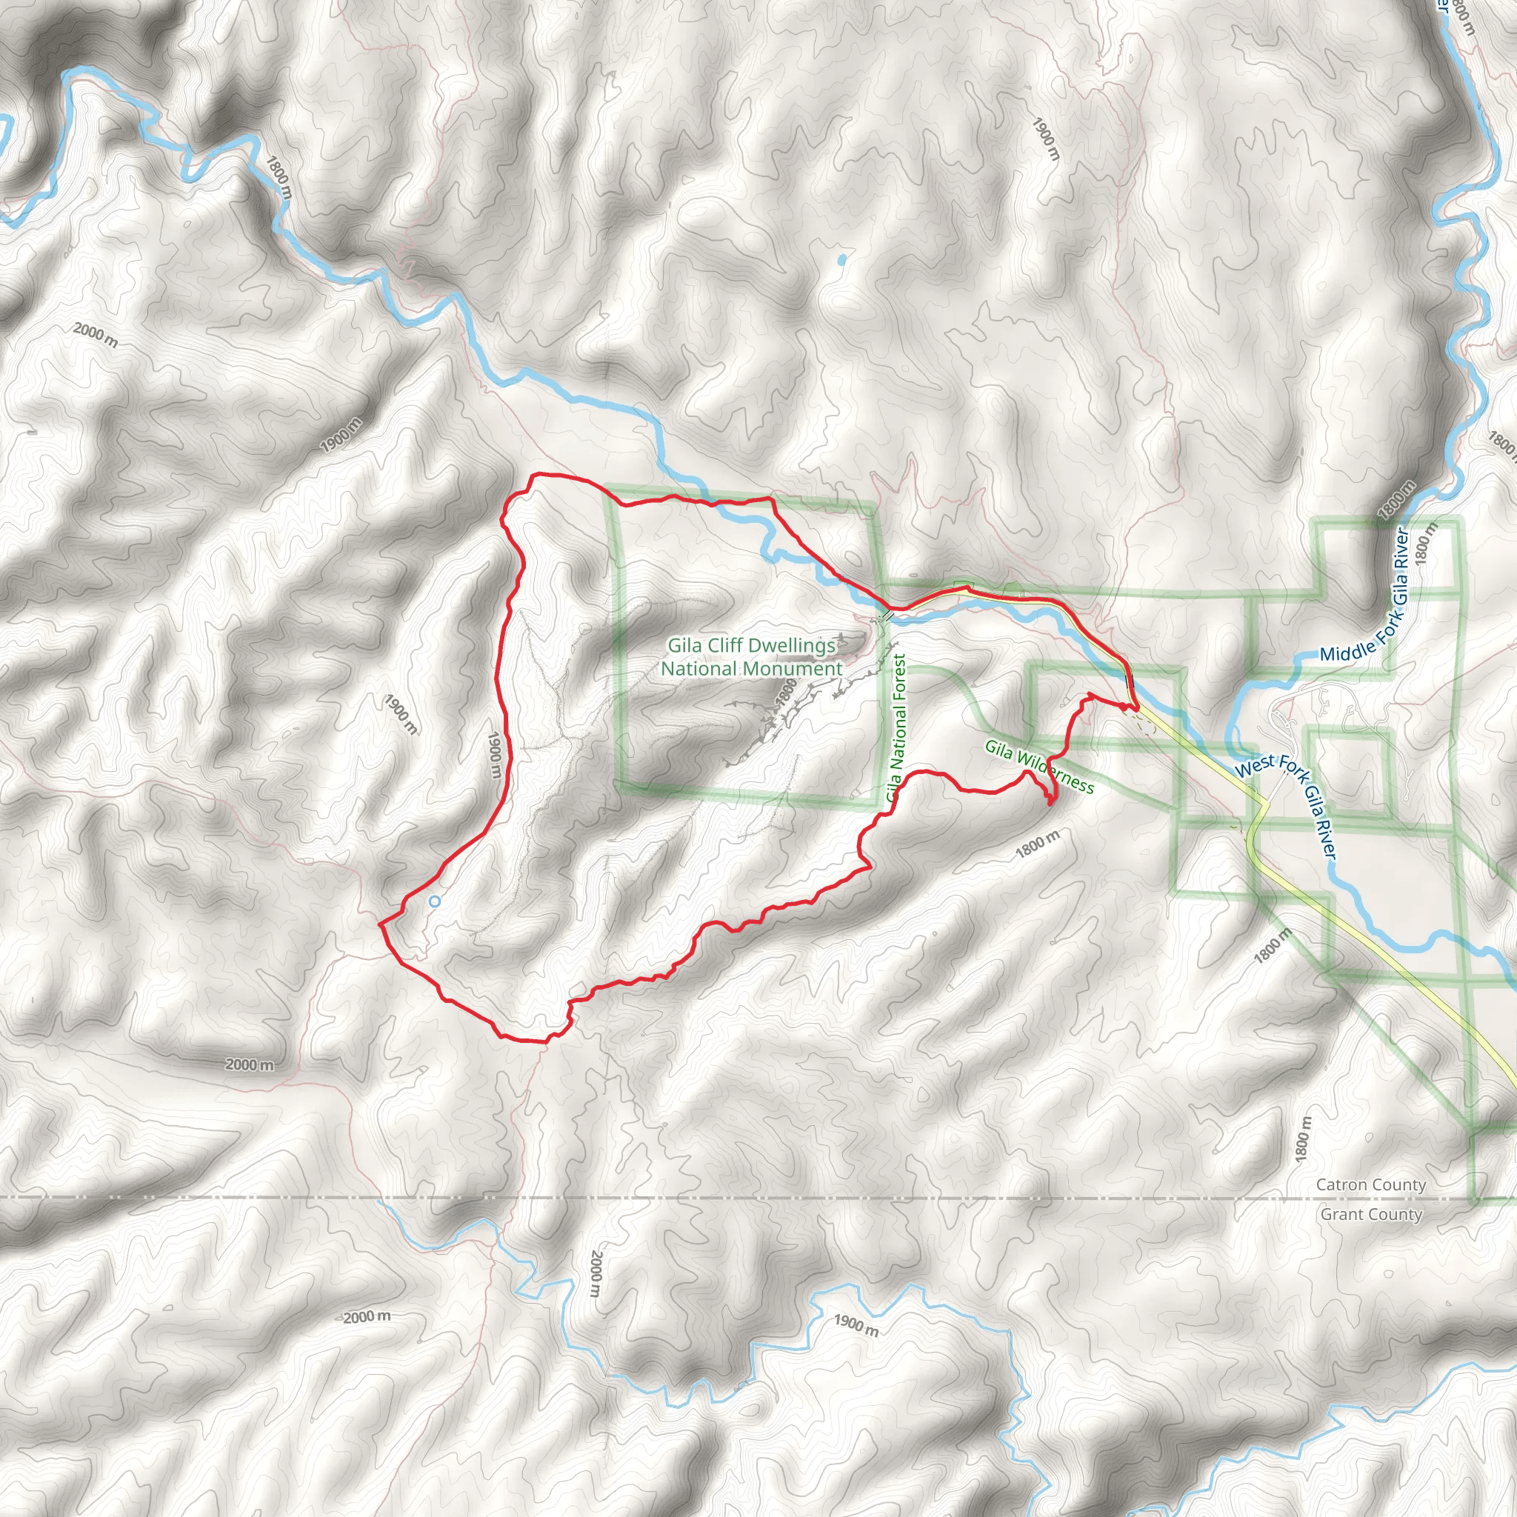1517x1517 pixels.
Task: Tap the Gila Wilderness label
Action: point(1038,766)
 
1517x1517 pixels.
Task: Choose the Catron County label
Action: point(1370,1185)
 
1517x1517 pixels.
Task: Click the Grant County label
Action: point(1371,1215)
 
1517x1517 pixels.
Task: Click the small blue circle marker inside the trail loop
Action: point(434,902)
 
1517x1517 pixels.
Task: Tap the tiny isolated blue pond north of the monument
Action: point(841,258)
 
